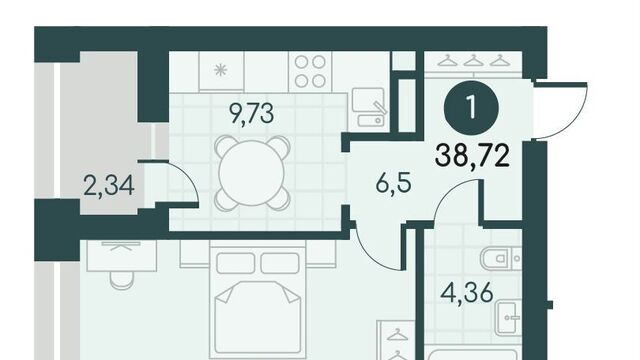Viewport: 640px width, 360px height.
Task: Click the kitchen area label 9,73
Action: (x=251, y=113)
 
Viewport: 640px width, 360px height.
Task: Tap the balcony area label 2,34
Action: (x=109, y=185)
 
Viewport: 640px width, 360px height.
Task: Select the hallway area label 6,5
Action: (x=393, y=184)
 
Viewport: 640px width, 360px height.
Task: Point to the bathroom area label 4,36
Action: (x=468, y=292)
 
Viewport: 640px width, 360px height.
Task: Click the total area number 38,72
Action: (x=472, y=156)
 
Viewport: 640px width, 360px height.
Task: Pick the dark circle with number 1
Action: (x=471, y=108)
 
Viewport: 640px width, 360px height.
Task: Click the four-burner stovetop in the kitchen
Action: (x=310, y=71)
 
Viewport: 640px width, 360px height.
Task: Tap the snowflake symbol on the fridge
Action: (x=220, y=71)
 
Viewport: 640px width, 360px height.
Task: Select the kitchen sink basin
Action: (x=367, y=100)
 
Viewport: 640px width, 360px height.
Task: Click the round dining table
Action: (x=251, y=173)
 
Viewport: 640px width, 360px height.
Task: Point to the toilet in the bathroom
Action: (x=501, y=258)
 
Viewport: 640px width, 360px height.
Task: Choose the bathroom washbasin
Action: (x=509, y=317)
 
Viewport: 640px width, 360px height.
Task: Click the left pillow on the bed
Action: (x=236, y=263)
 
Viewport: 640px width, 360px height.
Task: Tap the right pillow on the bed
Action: (x=280, y=263)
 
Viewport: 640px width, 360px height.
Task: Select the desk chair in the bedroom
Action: (x=122, y=280)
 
